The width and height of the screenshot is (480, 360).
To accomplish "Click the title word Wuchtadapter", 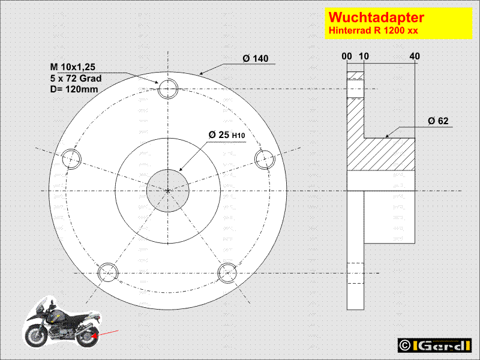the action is pos(376,17).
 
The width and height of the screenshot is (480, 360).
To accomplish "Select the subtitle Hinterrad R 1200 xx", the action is pos(373,31).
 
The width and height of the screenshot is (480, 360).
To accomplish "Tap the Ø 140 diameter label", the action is pos(256,58).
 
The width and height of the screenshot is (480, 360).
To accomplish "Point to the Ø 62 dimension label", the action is pos(438,121).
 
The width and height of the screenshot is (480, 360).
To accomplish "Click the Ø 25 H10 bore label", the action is pos(227,134).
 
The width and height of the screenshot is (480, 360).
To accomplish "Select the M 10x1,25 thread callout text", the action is pos(73,67).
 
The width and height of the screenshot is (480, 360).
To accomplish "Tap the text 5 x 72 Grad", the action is pos(76,79).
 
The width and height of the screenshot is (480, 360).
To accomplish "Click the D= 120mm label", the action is pos(74,89).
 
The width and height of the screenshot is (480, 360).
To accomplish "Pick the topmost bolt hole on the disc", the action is pos(168,89).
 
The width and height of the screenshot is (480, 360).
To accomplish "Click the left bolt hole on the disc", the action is pos(71,159).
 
